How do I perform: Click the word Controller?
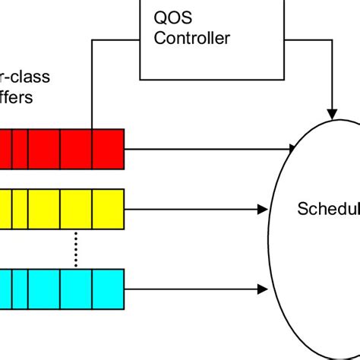point(191,38)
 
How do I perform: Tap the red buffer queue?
point(61,148)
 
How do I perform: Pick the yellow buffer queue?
point(61,209)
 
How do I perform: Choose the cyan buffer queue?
point(61,289)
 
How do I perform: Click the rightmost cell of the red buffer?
point(108,148)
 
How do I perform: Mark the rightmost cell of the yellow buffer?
point(108,209)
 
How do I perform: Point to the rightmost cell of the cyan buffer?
point(108,289)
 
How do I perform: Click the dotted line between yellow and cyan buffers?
point(76,248)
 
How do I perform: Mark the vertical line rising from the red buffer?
point(92,91)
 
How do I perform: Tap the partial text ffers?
point(17,99)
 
